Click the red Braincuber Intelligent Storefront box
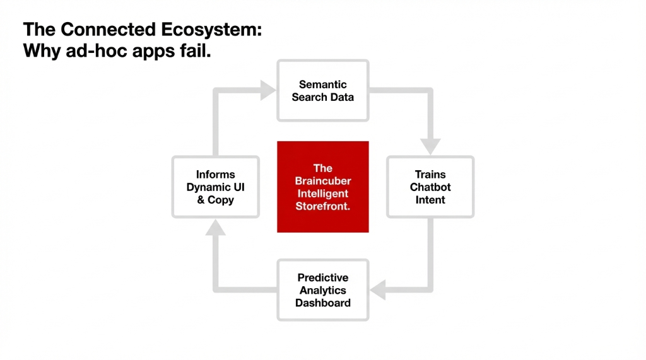pyautogui.click(x=322, y=187)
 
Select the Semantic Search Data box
pyautogui.click(x=322, y=91)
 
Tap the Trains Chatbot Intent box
pyautogui.click(x=430, y=187)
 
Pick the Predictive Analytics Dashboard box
pyautogui.click(x=322, y=290)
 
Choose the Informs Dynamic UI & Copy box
pyautogui.click(x=215, y=187)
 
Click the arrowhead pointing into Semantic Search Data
pyautogui.click(x=267, y=91)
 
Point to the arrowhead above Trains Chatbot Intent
pyautogui.click(x=430, y=146)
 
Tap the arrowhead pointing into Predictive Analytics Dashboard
pyautogui.click(x=378, y=290)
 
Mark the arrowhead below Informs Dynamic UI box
pyautogui.click(x=215, y=228)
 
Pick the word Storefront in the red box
pyautogui.click(x=322, y=206)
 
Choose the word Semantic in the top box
pyautogui.click(x=322, y=84)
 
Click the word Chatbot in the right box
pyautogui.click(x=430, y=187)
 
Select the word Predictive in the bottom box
pyautogui.click(x=322, y=277)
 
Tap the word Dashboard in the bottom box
pyautogui.click(x=322, y=303)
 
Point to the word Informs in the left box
pyautogui.click(x=215, y=175)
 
